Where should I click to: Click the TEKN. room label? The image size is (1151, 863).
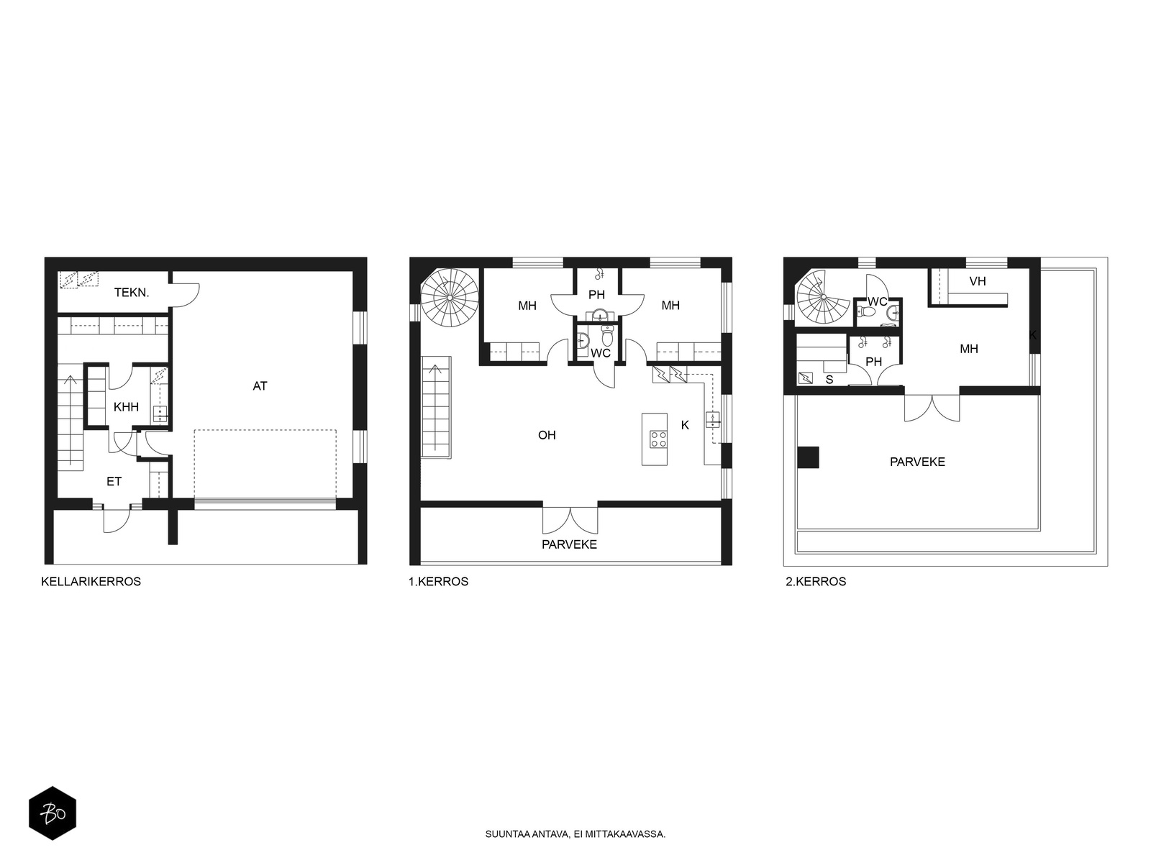point(132,293)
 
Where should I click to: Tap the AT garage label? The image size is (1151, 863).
point(260,386)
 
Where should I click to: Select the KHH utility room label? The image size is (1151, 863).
point(127,407)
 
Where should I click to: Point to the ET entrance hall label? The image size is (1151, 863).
point(114,482)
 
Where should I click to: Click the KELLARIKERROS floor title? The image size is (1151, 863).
point(91,582)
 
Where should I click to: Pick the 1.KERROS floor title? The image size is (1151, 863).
point(438,582)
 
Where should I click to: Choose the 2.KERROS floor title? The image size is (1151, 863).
point(815,582)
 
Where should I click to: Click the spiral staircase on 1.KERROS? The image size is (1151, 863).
point(450,298)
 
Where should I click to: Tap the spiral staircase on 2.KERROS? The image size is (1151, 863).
point(822,298)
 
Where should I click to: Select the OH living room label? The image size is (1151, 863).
point(547,435)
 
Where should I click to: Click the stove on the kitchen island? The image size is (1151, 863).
point(659,439)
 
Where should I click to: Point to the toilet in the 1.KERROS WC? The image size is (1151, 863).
point(607,335)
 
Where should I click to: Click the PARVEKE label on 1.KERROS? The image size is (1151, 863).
point(570,544)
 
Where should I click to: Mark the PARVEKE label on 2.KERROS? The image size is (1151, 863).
point(917,462)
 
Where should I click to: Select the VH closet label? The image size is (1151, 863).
point(978,281)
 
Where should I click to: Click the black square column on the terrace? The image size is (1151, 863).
point(808,457)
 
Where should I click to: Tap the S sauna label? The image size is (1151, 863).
point(829,380)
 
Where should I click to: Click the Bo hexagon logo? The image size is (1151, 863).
point(53,813)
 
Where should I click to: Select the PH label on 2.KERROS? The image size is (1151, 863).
point(873,362)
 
